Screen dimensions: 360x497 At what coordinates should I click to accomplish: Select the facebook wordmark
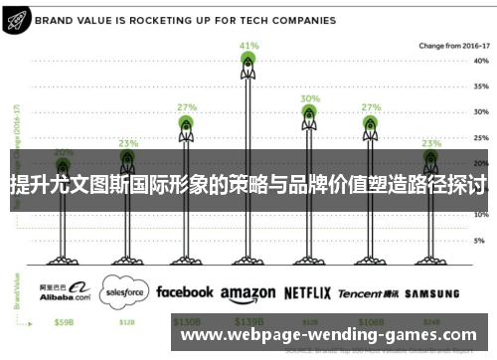pos(184,292)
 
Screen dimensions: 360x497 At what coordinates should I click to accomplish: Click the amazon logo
pos(248,294)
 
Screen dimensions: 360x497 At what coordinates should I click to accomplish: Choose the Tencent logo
pos(373,293)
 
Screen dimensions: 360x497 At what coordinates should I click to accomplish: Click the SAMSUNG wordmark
pos(432,293)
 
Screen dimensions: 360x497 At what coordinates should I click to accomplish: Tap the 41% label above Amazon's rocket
pos(248,46)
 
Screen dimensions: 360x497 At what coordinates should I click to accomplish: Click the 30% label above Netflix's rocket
pos(310,98)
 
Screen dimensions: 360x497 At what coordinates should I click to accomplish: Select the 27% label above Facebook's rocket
pos(186,106)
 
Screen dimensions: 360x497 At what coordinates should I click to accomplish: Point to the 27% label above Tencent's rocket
pos(371,106)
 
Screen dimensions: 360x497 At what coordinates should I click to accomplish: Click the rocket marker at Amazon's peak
pos(248,65)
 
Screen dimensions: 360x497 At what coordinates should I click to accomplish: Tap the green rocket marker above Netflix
pos(310,114)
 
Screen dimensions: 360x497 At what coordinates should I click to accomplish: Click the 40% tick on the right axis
pos(480,61)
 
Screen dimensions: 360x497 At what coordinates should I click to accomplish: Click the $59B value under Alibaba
pos(65,322)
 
